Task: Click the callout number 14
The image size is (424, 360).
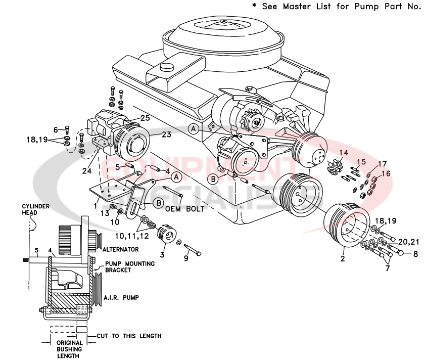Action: (344, 152)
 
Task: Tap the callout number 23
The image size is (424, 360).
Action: (166, 134)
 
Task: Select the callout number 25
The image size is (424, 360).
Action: (146, 118)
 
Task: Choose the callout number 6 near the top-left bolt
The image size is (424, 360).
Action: (56, 129)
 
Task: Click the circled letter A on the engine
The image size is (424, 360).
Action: (193, 129)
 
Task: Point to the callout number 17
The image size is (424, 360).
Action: (382, 163)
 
